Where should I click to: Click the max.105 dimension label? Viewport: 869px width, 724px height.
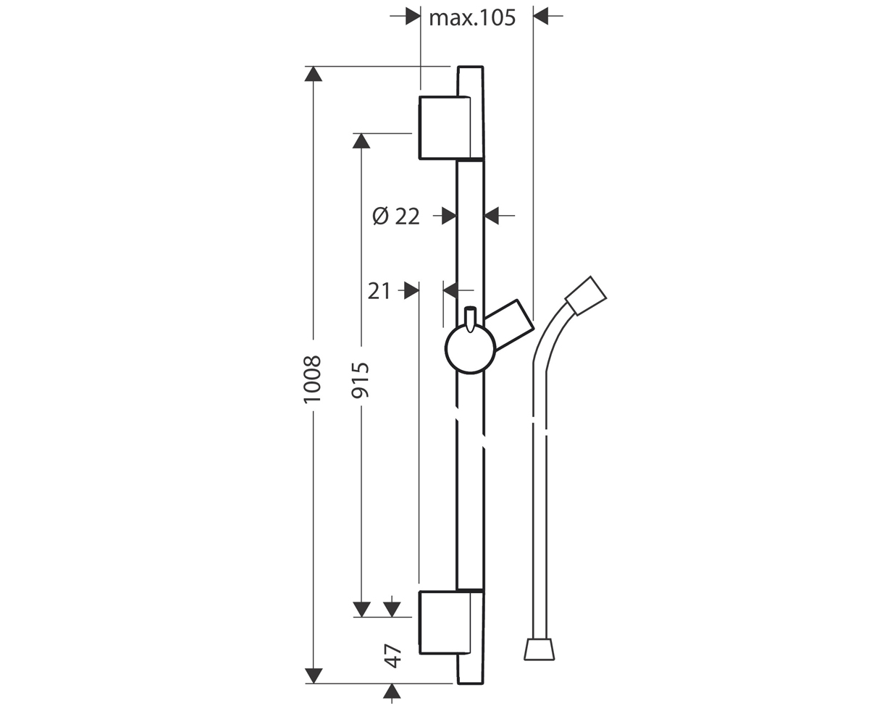[x=472, y=18]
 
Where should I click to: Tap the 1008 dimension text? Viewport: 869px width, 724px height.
[x=312, y=379]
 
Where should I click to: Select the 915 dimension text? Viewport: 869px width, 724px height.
[x=361, y=380]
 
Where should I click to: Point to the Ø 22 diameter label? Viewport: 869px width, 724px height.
[x=396, y=216]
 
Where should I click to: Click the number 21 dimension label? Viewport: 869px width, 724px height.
[x=379, y=291]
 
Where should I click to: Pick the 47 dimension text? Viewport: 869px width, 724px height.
[x=392, y=656]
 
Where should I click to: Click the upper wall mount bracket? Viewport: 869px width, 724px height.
[x=451, y=127]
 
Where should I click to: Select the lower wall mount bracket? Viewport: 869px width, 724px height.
[x=451, y=623]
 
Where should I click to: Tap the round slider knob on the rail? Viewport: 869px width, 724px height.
[x=470, y=349]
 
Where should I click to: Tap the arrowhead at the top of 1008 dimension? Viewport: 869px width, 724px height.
[x=314, y=74]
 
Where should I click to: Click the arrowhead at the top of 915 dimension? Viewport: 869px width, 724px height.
[x=361, y=140]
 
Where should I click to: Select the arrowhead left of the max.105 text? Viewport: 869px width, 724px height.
[x=413, y=16]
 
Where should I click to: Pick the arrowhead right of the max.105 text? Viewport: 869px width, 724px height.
[x=541, y=16]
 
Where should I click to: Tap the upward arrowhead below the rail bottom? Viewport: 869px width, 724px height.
[x=392, y=691]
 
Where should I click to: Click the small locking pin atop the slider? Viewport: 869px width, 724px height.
[x=470, y=319]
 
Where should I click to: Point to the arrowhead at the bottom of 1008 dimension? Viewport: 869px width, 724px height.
[x=314, y=675]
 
